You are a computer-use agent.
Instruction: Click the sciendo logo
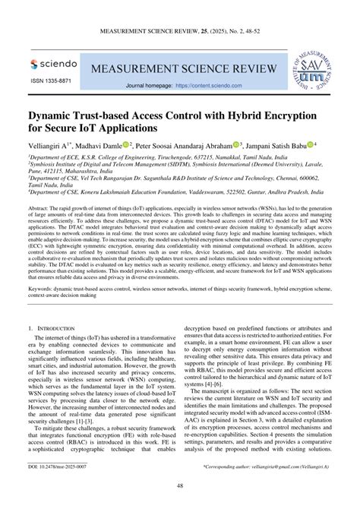tap(50, 65)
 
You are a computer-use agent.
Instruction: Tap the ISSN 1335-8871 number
tap(51, 81)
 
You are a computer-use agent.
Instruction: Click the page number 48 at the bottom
tap(180, 486)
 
